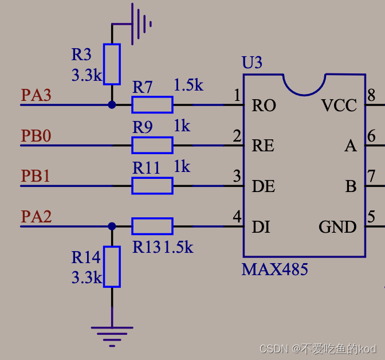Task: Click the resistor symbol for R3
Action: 112,64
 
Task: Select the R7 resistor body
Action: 152,105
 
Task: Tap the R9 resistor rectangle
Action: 152,145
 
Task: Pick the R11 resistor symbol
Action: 152,186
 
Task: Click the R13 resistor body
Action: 152,226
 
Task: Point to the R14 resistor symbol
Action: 112,266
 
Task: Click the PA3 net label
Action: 36,95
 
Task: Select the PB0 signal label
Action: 36,136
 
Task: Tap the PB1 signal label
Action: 36,176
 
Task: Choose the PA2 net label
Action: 36,217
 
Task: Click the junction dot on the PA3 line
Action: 112,105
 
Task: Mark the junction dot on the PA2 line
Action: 112,226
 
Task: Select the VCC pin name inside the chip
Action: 339,106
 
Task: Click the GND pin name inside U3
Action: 337,228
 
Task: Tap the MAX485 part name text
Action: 275,269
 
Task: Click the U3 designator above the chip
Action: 252,62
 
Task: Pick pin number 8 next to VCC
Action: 371,95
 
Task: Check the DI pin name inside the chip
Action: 261,228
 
